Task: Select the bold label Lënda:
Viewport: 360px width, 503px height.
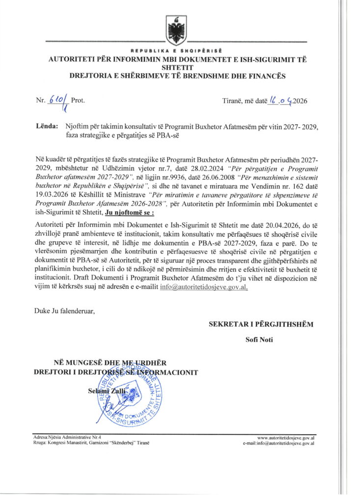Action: tap(47, 126)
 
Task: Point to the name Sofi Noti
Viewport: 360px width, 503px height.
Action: tap(260, 339)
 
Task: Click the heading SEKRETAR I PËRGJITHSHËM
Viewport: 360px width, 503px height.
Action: tap(260, 324)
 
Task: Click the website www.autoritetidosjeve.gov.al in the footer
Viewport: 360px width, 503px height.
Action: tap(286, 437)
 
